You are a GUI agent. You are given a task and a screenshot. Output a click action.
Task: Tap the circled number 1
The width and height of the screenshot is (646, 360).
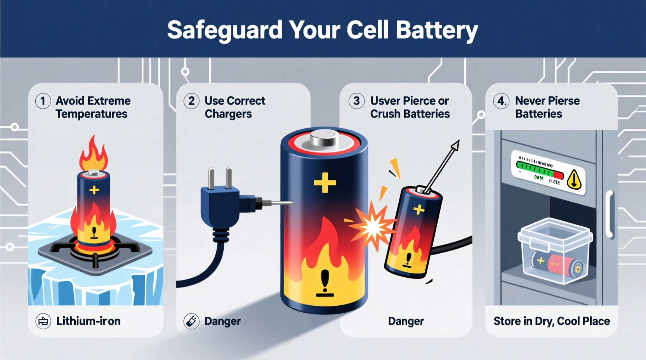click(43, 101)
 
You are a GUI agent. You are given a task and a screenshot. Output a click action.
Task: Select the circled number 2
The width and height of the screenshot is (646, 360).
click(191, 101)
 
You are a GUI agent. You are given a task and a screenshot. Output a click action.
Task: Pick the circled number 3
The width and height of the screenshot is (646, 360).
click(356, 101)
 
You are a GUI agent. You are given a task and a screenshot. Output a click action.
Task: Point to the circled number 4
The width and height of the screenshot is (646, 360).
click(501, 101)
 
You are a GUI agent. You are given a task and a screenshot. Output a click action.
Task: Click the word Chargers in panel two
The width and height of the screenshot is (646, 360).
click(228, 114)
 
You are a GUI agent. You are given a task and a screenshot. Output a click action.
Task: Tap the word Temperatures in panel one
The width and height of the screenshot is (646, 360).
click(92, 114)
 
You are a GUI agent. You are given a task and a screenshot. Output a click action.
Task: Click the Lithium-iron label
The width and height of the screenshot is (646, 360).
click(89, 321)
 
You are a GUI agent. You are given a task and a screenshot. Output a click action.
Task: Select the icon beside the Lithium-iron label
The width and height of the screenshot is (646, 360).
click(43, 322)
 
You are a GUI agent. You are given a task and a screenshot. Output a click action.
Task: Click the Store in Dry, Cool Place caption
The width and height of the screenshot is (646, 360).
click(552, 321)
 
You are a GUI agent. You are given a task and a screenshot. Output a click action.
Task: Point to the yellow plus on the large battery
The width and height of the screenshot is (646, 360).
click(325, 183)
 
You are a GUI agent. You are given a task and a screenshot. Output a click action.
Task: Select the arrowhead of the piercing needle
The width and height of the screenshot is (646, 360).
click(455, 145)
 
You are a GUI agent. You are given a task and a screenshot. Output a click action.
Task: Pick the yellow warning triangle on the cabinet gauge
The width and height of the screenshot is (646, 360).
click(574, 179)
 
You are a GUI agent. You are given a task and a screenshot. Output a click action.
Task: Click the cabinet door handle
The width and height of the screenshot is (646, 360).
click(610, 213)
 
